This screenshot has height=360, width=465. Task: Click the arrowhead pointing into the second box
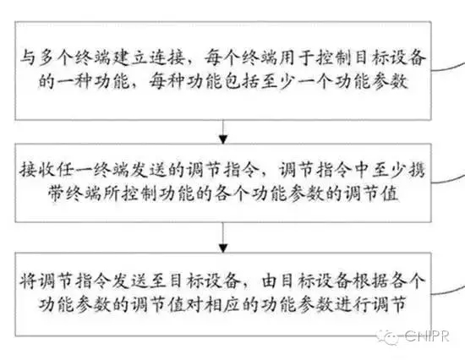[x=222, y=139]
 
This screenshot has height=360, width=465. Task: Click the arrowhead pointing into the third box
[x=222, y=248]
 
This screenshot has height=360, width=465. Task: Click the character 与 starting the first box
[x=29, y=57]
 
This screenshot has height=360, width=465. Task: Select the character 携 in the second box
[x=416, y=170]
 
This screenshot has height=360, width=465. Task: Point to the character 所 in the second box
[x=112, y=194]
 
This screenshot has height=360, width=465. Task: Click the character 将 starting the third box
[x=28, y=281]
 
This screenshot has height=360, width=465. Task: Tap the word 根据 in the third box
[x=370, y=281]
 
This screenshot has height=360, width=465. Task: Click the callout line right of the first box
[x=448, y=68]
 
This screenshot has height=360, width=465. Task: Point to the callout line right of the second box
[x=448, y=178]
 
